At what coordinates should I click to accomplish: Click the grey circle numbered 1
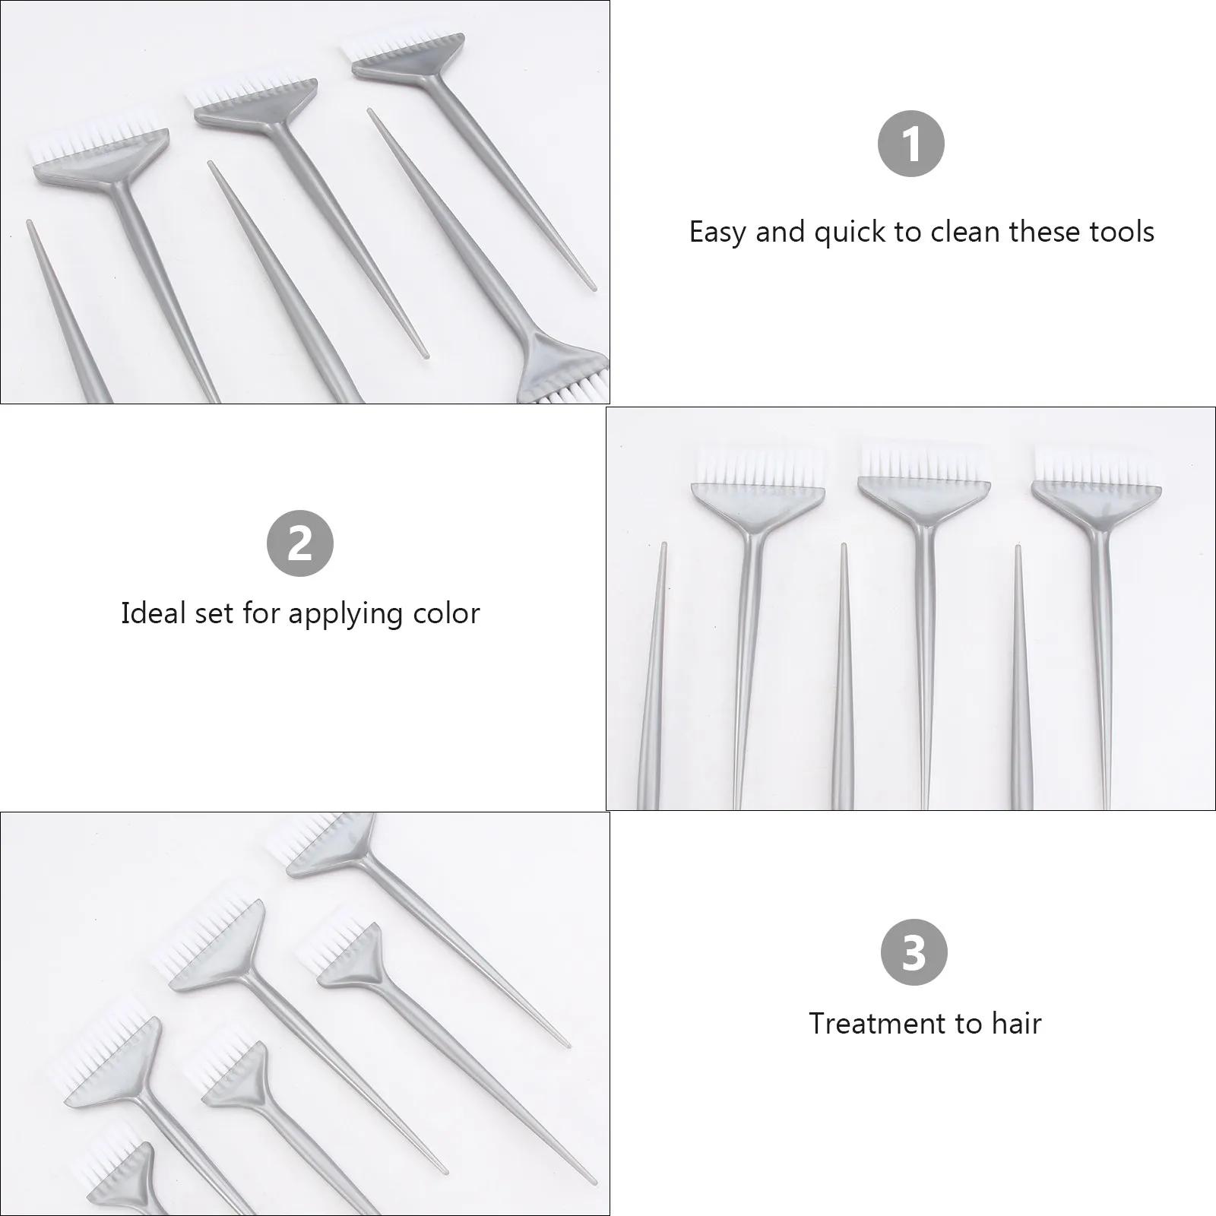(x=910, y=144)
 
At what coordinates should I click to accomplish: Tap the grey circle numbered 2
(x=300, y=543)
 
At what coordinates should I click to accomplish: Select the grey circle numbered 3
(x=914, y=952)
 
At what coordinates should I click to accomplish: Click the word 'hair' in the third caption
(x=1016, y=1023)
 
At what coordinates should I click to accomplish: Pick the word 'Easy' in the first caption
(x=718, y=232)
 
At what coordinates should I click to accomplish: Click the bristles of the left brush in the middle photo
(x=758, y=465)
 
